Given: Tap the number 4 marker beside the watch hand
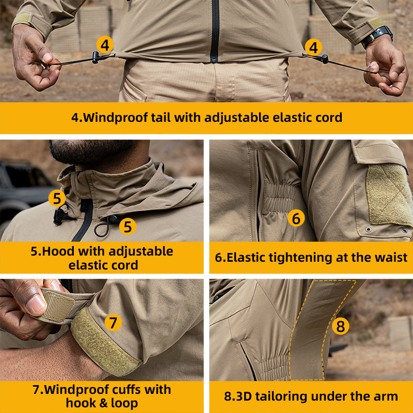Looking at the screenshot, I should (x=313, y=47).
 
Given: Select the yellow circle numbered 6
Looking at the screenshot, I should (x=296, y=218).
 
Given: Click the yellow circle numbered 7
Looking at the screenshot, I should (x=114, y=323).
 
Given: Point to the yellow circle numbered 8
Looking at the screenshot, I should (x=340, y=326).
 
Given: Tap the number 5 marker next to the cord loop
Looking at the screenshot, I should (x=128, y=226).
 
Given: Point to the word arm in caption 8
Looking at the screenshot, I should (x=385, y=396).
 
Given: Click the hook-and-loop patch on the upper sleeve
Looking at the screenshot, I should (x=387, y=194).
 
